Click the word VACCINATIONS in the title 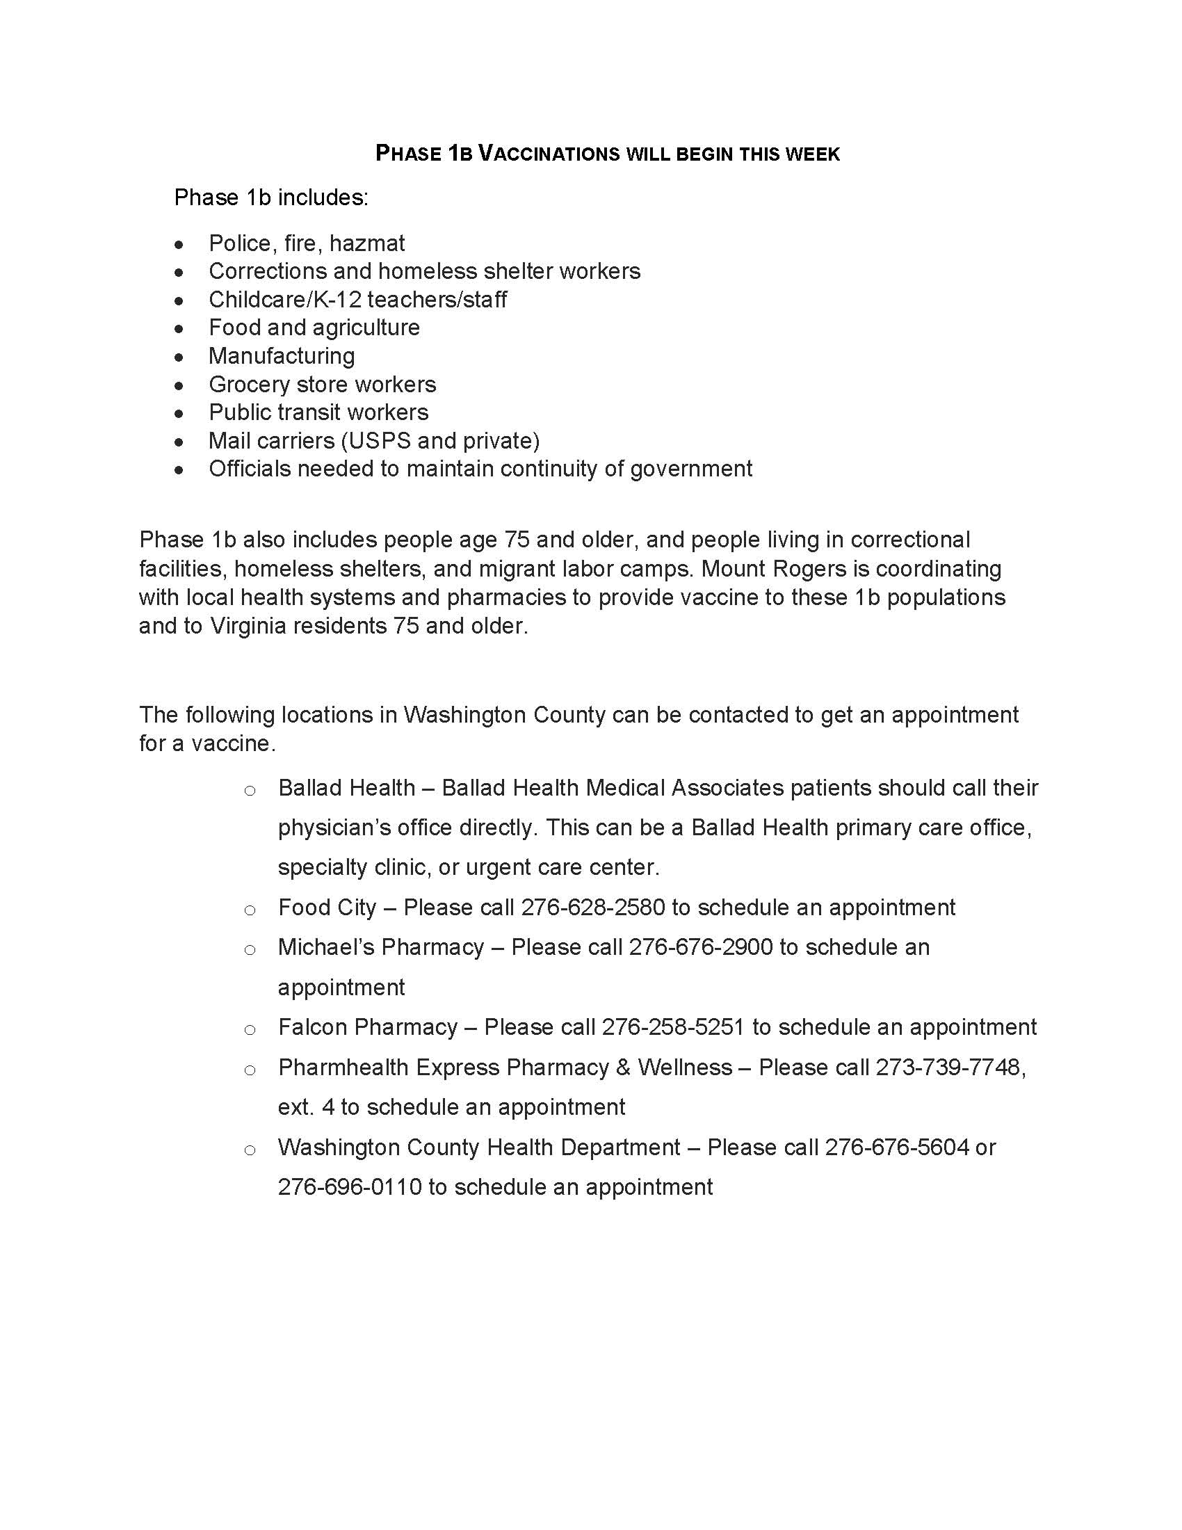549,154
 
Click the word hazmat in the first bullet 366,243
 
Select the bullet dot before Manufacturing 180,357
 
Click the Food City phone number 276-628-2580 592,908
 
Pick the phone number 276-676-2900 700,947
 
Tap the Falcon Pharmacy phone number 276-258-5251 673,1028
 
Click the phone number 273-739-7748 950,1068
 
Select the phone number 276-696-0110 350,1187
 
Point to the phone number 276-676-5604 896,1147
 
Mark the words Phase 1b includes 270,198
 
